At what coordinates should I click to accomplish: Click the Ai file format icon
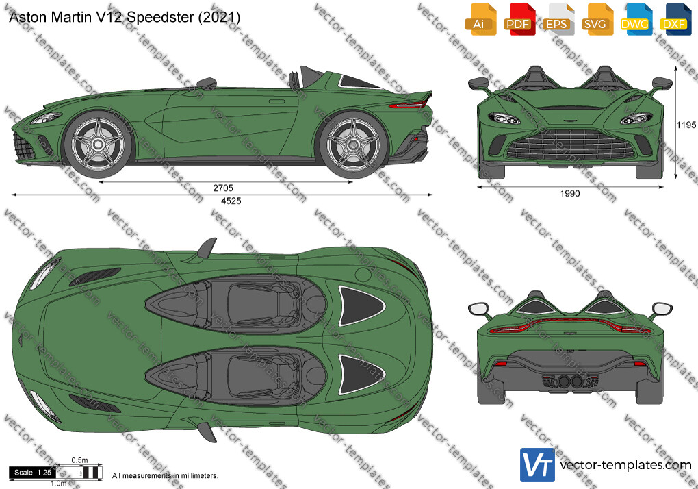480,19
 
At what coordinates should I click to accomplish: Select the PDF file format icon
519,19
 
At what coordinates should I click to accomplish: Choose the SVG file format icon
597,19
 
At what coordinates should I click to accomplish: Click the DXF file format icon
675,19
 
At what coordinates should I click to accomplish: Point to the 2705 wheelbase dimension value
223,188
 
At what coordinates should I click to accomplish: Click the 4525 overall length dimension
231,201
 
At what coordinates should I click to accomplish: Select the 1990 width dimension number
570,194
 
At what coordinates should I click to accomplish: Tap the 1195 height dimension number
686,125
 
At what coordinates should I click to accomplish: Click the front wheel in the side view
99,145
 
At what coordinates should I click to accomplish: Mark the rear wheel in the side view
354,145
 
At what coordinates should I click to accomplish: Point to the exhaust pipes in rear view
570,381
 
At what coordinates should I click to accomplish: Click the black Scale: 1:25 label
32,473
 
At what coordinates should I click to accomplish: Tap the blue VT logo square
537,465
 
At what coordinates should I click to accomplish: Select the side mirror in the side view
207,83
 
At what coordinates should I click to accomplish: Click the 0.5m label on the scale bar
79,460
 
